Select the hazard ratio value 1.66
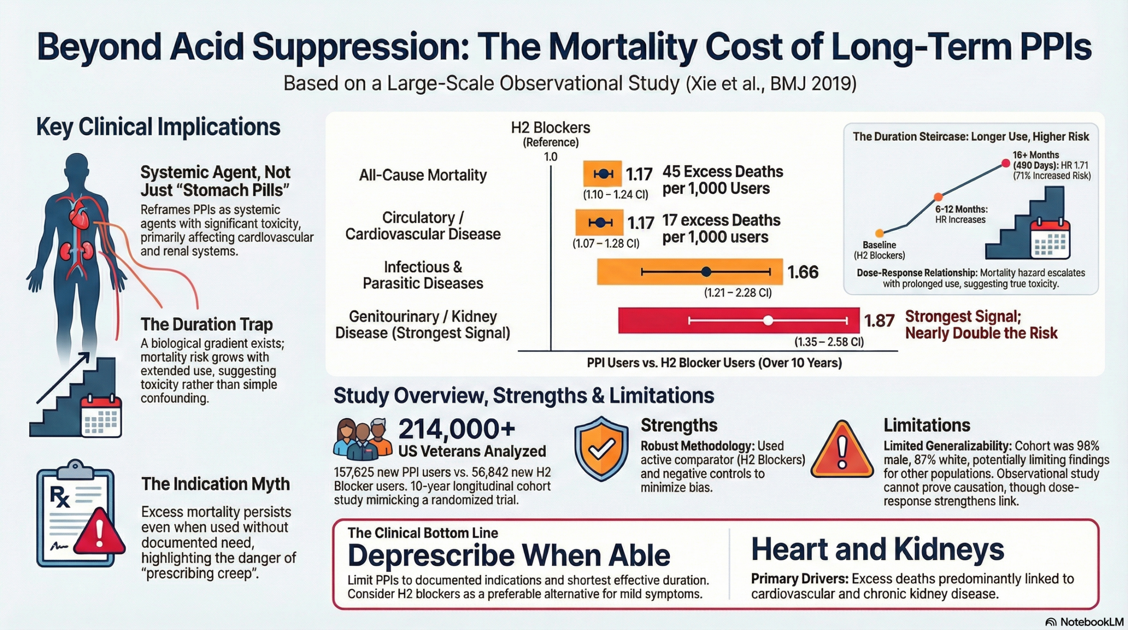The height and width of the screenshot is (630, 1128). point(803,272)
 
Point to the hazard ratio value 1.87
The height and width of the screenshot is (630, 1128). point(879,321)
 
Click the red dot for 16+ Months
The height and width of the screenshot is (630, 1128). point(1006,164)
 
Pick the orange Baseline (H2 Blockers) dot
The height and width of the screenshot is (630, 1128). point(879,233)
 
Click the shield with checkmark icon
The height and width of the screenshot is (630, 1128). point(601,448)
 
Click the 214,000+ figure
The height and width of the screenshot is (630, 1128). point(456,429)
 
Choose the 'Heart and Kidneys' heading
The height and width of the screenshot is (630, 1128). point(877,549)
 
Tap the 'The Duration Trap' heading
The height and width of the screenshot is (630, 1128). point(207,324)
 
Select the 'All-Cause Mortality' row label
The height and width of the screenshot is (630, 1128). point(423,175)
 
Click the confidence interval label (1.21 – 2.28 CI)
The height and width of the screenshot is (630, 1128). point(738,293)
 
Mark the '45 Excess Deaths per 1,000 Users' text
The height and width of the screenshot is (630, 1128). point(723,180)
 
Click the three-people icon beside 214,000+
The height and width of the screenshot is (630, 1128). point(362,438)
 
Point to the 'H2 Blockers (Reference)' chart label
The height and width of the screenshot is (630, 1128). point(550,134)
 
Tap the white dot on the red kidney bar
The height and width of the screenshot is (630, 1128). point(768,321)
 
